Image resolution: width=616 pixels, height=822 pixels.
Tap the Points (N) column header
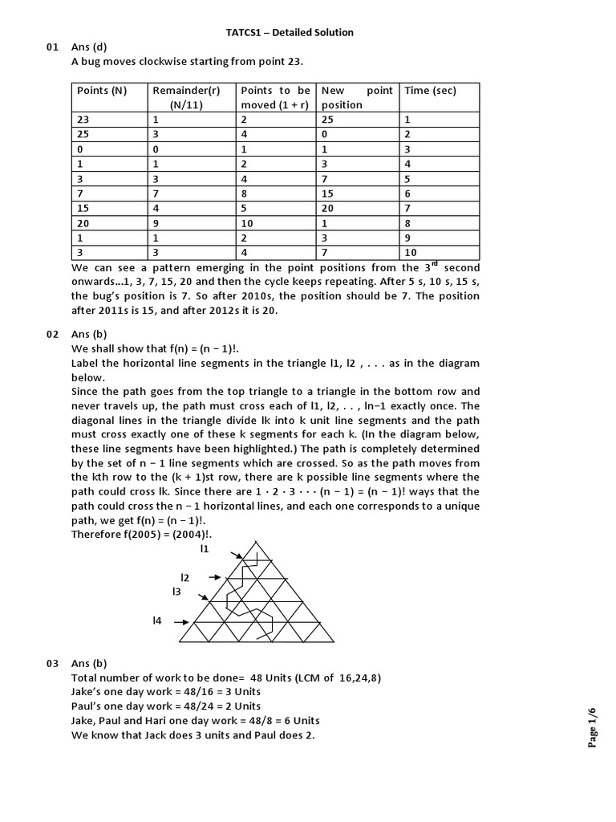coord(102,91)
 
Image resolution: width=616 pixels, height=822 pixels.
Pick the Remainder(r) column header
coord(186,91)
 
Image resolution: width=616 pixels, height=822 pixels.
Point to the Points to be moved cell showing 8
coord(244,194)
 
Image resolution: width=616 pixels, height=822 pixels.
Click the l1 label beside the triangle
coord(205,549)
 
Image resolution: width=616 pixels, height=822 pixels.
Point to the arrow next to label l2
coord(214,577)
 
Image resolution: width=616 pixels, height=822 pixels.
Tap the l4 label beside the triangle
coord(157,621)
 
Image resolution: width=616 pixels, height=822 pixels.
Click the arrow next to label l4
coord(183,621)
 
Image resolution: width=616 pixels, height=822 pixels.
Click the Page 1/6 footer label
coord(593,727)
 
